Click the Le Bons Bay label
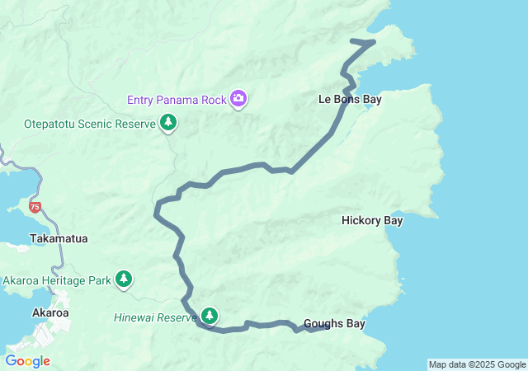350,99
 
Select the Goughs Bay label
334,324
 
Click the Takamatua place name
59,238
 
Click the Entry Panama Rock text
176,100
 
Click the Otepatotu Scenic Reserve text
89,124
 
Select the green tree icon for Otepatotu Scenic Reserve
168,124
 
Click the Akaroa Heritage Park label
56,280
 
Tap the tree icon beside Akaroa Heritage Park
124,279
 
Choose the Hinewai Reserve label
154,317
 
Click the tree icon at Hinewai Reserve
210,316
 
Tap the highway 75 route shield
34,207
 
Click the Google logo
27,361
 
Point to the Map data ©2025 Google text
476,364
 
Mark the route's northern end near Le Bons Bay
352,40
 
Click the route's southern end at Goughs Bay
328,326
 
